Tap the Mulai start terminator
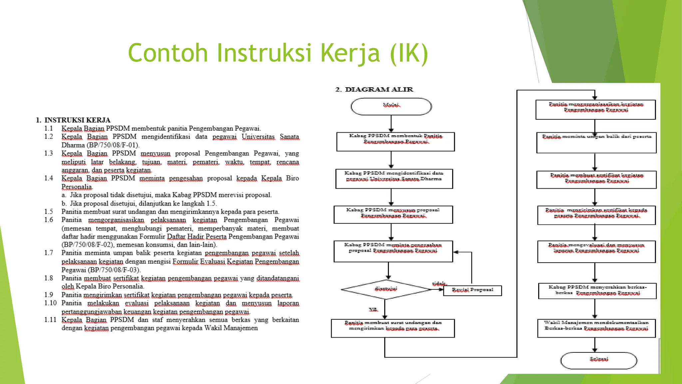click(x=391, y=106)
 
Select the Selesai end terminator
click(x=599, y=360)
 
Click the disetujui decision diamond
click(x=386, y=289)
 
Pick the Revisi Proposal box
click(x=473, y=290)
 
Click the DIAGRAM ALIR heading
click(x=374, y=89)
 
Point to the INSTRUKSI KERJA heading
click(x=73, y=120)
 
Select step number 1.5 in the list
click(x=49, y=212)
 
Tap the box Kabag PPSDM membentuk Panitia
click(x=396, y=142)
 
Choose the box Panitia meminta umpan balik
click(x=596, y=142)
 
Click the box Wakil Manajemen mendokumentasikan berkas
click(x=596, y=328)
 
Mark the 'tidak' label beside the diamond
click(x=439, y=284)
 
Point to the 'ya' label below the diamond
click(x=373, y=310)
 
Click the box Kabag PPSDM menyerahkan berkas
click(x=597, y=291)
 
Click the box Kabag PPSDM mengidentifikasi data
click(x=394, y=179)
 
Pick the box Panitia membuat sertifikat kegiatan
click(x=596, y=180)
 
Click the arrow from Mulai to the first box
click(x=391, y=124)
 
